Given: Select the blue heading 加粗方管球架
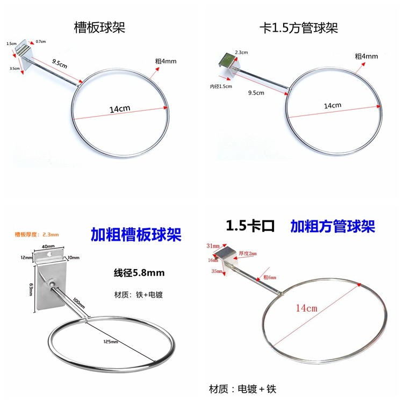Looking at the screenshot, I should click(333, 226).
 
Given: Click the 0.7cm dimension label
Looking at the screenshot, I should click(40, 41).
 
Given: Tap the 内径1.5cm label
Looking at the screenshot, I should click(221, 86).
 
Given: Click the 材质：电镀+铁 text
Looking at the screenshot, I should click(245, 388).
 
